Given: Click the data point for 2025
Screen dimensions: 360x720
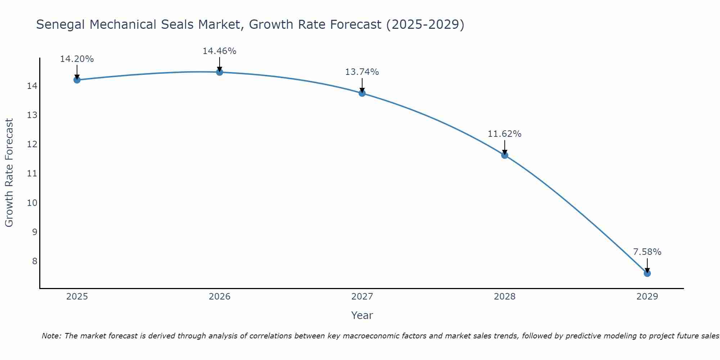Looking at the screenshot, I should [77, 80].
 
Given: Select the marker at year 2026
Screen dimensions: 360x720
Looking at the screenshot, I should [219, 72].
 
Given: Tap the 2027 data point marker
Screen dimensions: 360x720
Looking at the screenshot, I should [362, 93].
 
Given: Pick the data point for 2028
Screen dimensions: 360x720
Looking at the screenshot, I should [504, 155].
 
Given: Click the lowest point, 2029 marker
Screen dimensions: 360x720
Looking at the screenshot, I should [647, 273].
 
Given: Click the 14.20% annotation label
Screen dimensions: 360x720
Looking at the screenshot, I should [77, 59].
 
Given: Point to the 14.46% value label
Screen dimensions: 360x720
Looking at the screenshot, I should [219, 51].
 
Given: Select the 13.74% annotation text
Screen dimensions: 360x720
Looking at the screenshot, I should [362, 72].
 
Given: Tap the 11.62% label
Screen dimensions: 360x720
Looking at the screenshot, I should [504, 134].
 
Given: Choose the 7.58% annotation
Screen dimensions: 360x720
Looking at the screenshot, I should [647, 252].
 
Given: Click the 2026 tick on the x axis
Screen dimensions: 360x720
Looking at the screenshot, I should [219, 297].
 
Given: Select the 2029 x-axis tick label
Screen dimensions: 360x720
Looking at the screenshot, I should [647, 297].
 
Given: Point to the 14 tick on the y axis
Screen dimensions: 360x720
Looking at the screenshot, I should [32, 86].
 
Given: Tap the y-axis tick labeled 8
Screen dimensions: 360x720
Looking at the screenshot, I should [35, 261].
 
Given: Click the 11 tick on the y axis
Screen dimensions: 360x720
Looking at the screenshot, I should [32, 174].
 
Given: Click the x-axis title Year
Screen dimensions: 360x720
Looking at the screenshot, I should [362, 315].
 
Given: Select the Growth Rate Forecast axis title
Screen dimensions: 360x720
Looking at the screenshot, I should [9, 173].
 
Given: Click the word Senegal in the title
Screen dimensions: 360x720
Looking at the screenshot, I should [60, 25].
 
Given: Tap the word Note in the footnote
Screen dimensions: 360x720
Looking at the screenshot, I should [51, 336].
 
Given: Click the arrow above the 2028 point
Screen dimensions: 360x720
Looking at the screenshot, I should [504, 147].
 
